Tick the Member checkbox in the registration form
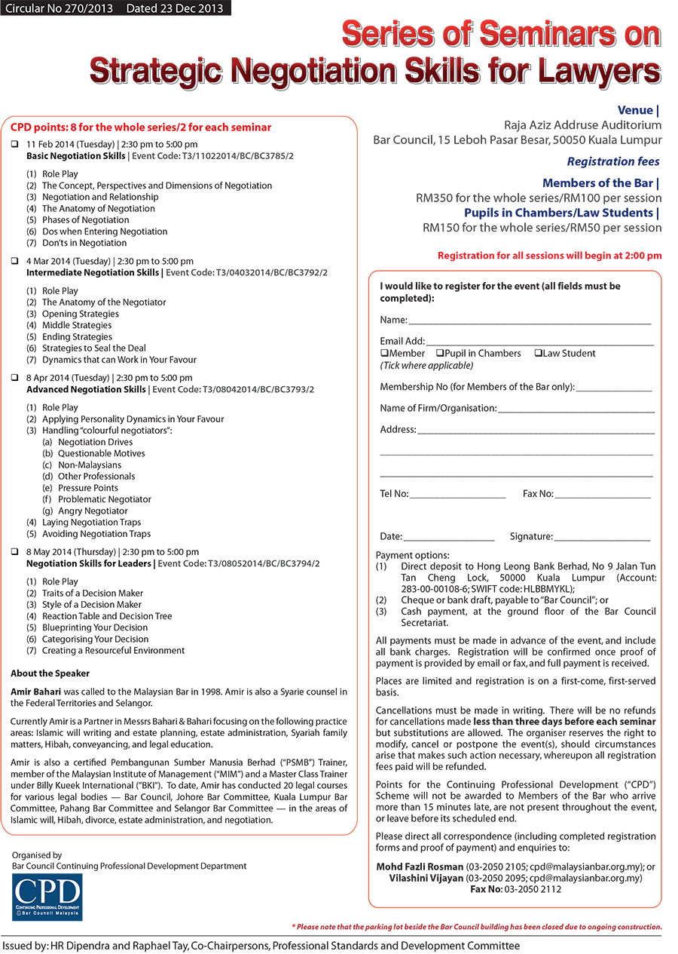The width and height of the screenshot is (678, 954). [x=384, y=353]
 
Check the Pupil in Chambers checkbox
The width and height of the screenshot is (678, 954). [x=439, y=353]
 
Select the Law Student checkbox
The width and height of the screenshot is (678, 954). [x=538, y=353]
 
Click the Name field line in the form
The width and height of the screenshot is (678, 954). [x=530, y=322]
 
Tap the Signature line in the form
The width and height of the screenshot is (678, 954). [x=602, y=538]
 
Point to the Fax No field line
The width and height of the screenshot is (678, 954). [x=603, y=495]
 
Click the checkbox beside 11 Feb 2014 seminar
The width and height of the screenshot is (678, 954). [x=15, y=144]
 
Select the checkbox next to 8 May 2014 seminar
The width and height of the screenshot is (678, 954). [x=15, y=552]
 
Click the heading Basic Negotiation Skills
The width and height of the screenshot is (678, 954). [x=76, y=156]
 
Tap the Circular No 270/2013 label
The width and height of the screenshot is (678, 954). [x=57, y=8]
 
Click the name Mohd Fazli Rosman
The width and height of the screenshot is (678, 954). [x=419, y=867]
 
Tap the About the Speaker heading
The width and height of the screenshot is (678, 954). [x=50, y=673]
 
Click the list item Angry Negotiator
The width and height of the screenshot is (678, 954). [x=93, y=511]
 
